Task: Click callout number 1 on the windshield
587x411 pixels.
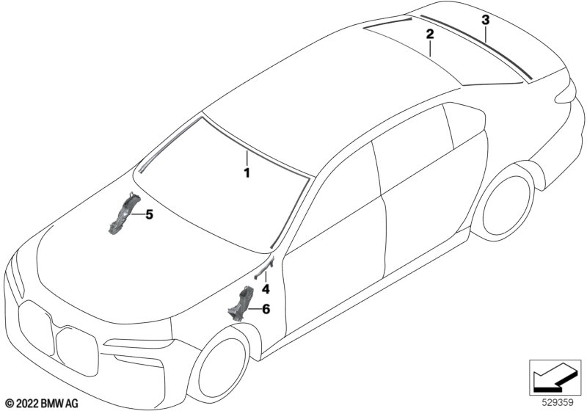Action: [247, 173]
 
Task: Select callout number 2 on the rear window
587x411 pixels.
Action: [430, 34]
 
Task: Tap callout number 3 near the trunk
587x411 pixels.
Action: [486, 20]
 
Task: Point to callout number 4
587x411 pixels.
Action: [266, 289]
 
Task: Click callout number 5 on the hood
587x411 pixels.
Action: [150, 215]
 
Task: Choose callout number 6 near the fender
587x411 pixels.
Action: [266, 309]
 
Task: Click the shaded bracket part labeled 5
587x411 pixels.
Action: [123, 214]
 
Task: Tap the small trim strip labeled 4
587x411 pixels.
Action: [264, 267]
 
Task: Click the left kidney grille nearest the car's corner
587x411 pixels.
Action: [36, 328]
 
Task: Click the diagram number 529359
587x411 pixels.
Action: [558, 403]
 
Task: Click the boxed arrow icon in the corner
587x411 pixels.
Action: [555, 378]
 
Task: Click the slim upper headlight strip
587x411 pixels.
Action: [139, 343]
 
